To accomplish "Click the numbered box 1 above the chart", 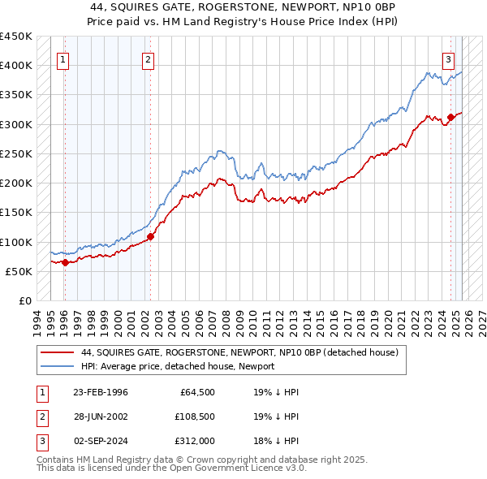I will [62, 58].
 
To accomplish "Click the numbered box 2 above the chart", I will [147, 58].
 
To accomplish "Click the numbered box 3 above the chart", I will [448, 58].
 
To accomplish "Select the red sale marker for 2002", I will [150, 237].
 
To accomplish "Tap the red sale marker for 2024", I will [450, 118].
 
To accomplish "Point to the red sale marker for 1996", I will [65, 262].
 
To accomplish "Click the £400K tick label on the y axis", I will [16, 66].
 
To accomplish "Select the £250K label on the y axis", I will [16, 153].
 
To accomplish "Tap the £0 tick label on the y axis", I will [24, 300].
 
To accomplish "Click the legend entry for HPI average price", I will [178, 366].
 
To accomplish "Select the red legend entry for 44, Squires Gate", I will [239, 353].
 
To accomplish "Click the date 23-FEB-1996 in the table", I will [101, 392].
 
